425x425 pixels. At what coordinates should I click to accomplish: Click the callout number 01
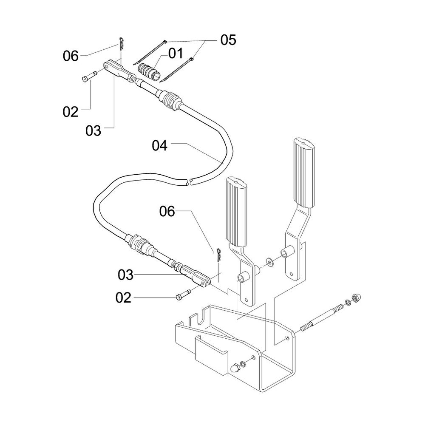coord(176,54)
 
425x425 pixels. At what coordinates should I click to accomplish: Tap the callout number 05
coord(228,40)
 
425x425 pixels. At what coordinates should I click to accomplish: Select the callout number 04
coord(160,146)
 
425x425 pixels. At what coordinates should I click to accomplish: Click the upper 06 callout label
coord(71,56)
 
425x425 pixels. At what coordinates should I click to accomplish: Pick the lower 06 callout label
coord(167,211)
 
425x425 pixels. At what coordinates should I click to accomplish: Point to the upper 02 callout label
coord(71,112)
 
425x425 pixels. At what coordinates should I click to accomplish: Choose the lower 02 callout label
coord(123,298)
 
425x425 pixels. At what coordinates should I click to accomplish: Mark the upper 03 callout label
coord(93,131)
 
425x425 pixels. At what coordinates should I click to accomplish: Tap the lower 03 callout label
coord(125,275)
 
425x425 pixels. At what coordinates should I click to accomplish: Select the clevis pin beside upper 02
coord(89,75)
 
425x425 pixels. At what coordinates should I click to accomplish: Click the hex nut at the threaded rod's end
coord(354,297)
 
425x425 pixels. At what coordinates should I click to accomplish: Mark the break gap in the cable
coord(190,181)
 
